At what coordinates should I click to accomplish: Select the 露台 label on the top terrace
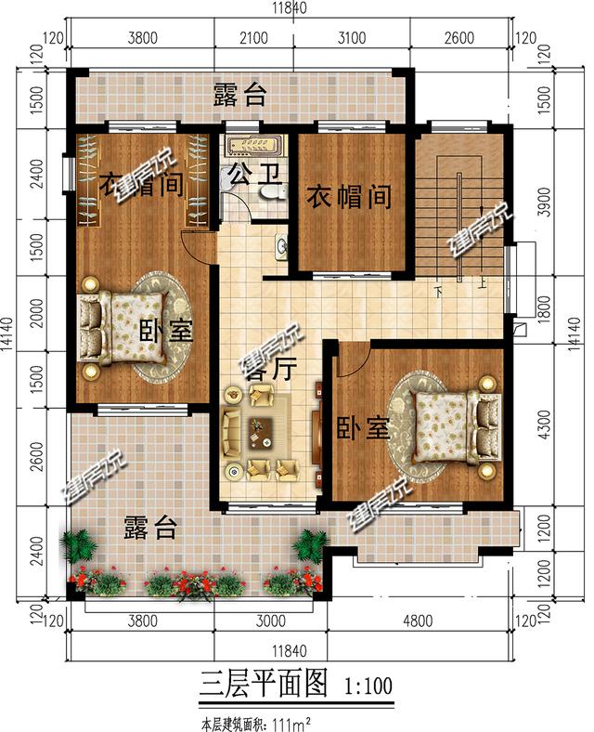240,95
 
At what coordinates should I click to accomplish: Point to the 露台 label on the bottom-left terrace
150,529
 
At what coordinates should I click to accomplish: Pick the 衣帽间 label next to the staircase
349,197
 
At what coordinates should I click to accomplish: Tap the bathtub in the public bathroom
253,144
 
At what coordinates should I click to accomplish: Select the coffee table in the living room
263,431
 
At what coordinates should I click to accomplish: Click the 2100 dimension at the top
252,38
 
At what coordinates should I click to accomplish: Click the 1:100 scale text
368,687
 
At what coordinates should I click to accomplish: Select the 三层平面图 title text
265,686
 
